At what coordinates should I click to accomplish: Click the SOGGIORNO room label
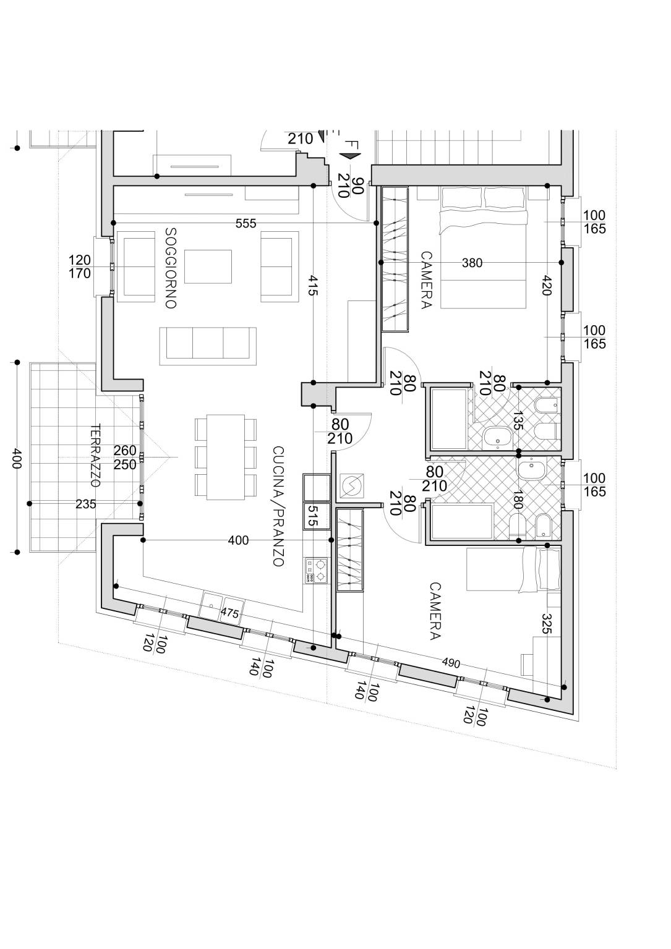tap(171, 268)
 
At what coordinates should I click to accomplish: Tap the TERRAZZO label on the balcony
tap(95, 456)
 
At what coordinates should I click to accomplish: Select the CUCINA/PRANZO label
tap(278, 506)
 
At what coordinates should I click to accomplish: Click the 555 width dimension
tap(246, 223)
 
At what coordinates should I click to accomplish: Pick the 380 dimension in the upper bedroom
tap(472, 263)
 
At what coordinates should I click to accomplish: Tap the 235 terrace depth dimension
tap(86, 504)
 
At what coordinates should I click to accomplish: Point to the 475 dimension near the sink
tap(230, 613)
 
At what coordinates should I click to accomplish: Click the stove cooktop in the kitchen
tap(316, 570)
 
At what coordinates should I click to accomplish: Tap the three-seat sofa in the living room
tap(208, 346)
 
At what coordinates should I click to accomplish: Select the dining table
tap(226, 457)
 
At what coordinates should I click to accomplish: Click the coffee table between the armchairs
tap(208, 266)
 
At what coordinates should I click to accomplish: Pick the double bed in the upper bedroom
tap(483, 247)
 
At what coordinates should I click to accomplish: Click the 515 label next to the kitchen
tap(312, 516)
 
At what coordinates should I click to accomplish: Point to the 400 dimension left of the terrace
tap(15, 457)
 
